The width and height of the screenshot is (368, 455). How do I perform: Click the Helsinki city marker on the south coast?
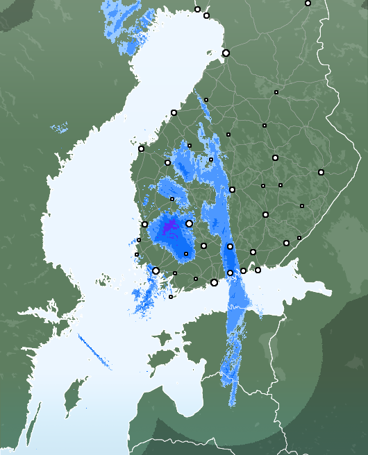click(x=214, y=282)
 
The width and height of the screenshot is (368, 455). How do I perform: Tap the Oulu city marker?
click(x=226, y=53)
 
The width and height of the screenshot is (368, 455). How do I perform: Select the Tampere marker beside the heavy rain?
click(x=189, y=223)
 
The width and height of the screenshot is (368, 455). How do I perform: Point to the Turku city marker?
click(x=156, y=271)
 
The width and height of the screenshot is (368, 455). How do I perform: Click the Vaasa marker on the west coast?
click(x=141, y=148)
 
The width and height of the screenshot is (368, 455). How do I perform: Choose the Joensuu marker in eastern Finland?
click(x=321, y=172)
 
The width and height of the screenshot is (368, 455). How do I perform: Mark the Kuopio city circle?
click(x=275, y=157)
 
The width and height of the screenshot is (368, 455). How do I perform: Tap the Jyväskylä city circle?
click(x=232, y=189)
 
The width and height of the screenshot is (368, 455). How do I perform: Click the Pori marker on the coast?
click(x=144, y=224)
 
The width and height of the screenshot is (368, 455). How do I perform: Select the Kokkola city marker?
click(x=174, y=112)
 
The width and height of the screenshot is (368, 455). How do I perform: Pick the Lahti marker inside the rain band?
click(x=230, y=246)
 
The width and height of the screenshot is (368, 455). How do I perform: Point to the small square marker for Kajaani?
click(x=276, y=92)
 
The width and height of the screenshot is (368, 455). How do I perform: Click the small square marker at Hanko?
click(x=171, y=297)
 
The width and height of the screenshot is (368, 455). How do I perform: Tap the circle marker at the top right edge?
click(x=308, y=3)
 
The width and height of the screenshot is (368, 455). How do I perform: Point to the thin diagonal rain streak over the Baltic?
click(x=94, y=352)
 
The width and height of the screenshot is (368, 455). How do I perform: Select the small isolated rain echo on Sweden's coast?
click(x=60, y=128)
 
